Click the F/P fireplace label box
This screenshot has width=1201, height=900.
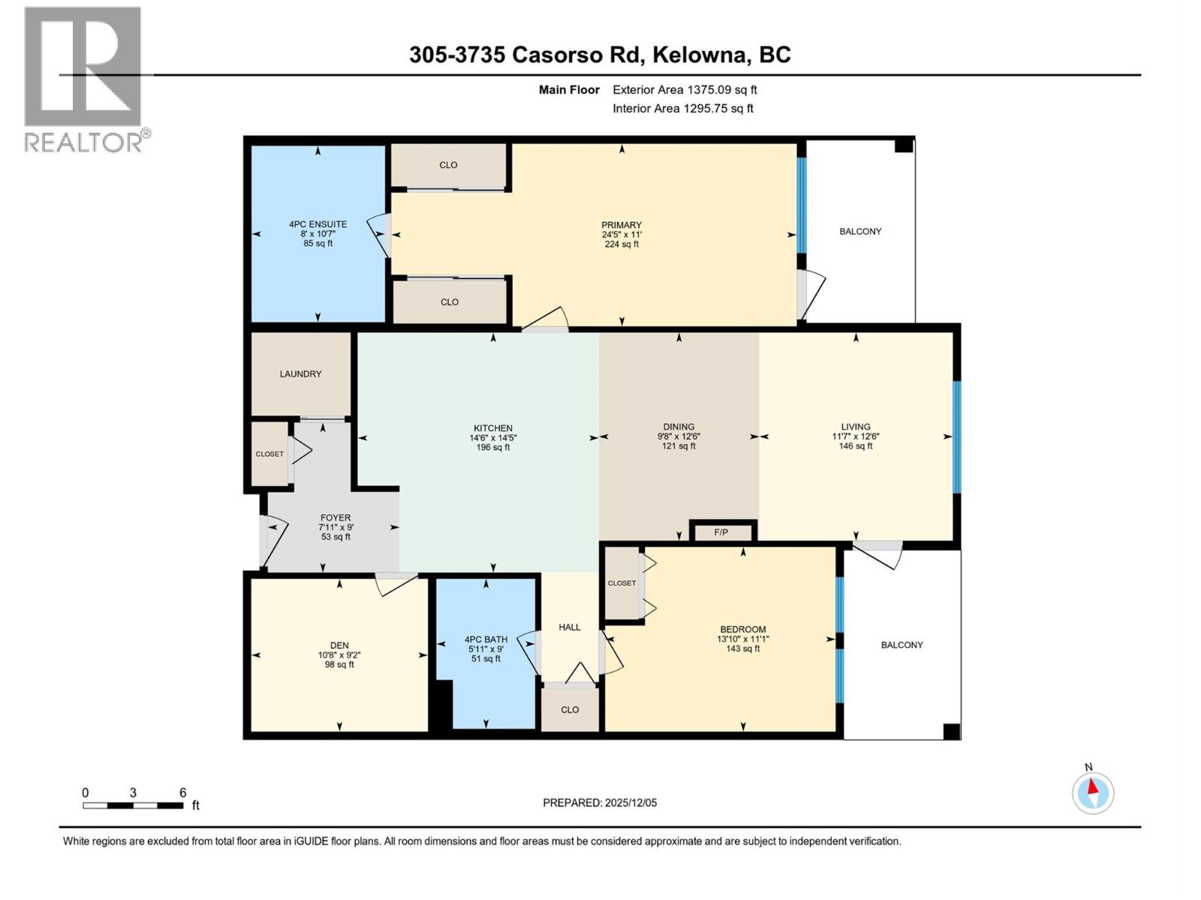click(x=721, y=532)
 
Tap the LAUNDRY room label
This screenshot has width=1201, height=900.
click(x=300, y=373)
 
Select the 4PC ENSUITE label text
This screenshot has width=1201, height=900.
click(x=318, y=223)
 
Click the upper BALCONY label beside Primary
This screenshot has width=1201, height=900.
click(x=860, y=231)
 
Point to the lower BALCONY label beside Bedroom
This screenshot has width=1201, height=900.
click(x=902, y=645)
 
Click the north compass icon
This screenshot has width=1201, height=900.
click(x=1093, y=793)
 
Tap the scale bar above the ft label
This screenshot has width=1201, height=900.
click(x=133, y=805)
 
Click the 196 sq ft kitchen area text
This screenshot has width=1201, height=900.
click(x=493, y=448)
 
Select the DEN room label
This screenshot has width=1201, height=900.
click(x=339, y=645)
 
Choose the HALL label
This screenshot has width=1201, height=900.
click(x=570, y=627)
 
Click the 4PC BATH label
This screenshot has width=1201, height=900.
click(x=486, y=639)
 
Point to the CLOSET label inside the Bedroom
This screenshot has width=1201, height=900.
click(x=622, y=583)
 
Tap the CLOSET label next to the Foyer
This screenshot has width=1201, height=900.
click(x=269, y=454)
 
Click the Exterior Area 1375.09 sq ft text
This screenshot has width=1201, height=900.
click(x=685, y=89)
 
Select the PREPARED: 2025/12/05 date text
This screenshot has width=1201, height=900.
click(x=600, y=802)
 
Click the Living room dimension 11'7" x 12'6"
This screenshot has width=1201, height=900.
click(x=856, y=436)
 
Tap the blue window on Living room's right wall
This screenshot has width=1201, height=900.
click(x=956, y=436)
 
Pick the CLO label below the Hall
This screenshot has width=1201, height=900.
click(x=570, y=709)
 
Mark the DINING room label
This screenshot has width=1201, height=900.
click(x=679, y=426)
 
